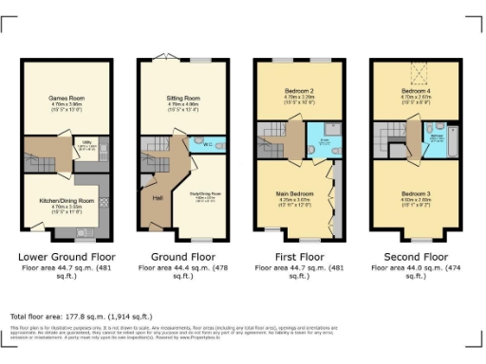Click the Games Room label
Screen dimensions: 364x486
[x=62, y=97]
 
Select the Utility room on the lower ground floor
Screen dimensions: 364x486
[x=86, y=147]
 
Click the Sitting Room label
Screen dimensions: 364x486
[x=178, y=97]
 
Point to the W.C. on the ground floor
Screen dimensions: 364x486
[x=208, y=145]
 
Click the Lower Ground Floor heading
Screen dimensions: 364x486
[x=61, y=257]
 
